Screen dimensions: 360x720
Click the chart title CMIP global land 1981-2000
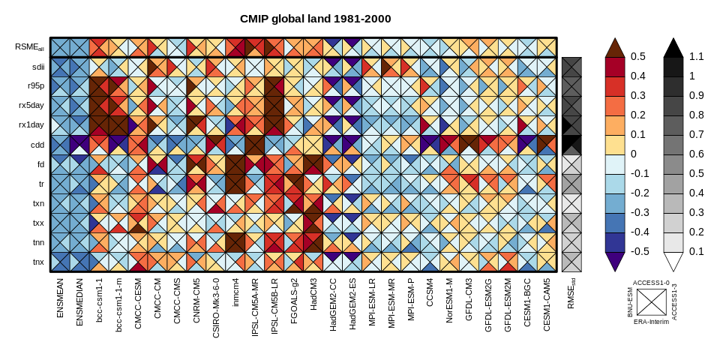tap(315, 19)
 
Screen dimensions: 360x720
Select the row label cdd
tap(37, 144)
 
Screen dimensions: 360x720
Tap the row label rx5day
tap(31, 105)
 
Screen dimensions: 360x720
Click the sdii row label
tap(37, 66)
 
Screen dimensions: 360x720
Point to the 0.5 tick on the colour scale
tap(638, 56)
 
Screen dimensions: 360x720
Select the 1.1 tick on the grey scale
tap(697, 56)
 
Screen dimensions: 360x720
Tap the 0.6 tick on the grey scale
tap(697, 154)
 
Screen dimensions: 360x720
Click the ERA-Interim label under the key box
tap(651, 321)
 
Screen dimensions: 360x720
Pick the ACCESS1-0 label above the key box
tap(651, 283)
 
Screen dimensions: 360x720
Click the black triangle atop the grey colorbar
tap(673, 47)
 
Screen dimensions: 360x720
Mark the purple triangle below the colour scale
tap(615, 262)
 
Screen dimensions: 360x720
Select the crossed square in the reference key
tap(651, 302)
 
